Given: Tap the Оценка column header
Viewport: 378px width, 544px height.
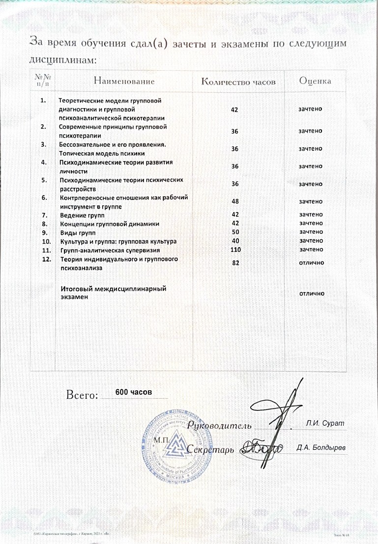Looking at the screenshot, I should (x=315, y=81).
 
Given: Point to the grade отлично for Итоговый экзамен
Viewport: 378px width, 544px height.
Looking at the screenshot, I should (x=311, y=293).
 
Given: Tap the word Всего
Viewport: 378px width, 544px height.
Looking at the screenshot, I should (x=82, y=394).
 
